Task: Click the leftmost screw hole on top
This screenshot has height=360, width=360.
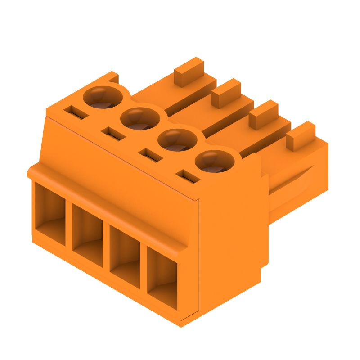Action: [x=104, y=97]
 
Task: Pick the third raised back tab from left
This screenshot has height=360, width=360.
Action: [x=264, y=114]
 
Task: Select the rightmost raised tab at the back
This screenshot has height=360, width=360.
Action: [x=301, y=135]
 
